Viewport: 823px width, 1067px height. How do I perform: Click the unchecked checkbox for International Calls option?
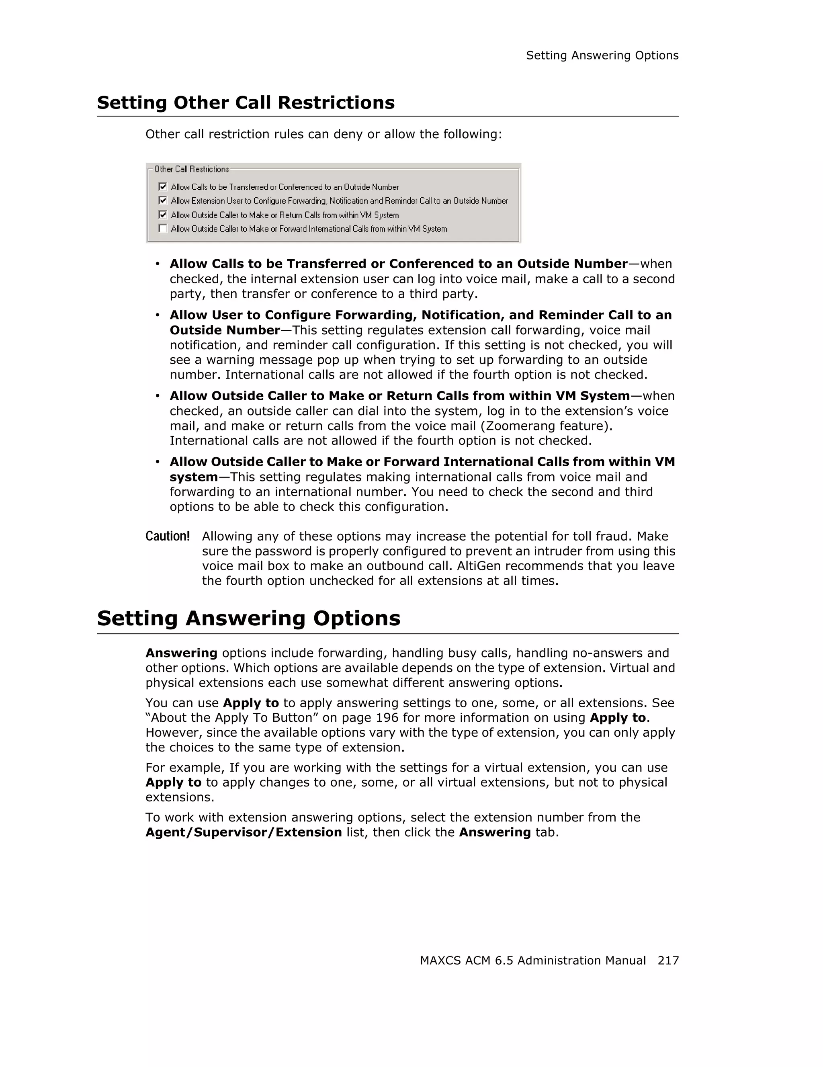[x=163, y=229]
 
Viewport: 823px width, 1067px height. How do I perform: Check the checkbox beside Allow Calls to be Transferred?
[x=163, y=186]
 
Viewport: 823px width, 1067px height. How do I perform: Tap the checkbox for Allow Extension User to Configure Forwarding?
[x=163, y=200]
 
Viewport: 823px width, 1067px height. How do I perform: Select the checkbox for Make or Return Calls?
[x=163, y=215]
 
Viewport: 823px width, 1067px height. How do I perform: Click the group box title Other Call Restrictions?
[x=191, y=170]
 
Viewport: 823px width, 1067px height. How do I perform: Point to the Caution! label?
[x=168, y=537]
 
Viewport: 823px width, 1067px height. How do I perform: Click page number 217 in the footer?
[x=667, y=961]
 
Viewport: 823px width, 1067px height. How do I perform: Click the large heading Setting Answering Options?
[x=249, y=618]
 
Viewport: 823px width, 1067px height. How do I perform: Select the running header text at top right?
[x=602, y=56]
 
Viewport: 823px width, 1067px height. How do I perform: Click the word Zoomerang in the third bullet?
[x=519, y=426]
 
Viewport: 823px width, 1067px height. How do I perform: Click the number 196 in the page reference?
[x=387, y=718]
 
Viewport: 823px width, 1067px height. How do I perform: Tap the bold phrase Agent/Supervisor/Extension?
[x=243, y=832]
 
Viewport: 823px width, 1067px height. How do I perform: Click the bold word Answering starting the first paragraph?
[x=181, y=653]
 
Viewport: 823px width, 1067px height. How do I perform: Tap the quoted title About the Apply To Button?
[x=231, y=718]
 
